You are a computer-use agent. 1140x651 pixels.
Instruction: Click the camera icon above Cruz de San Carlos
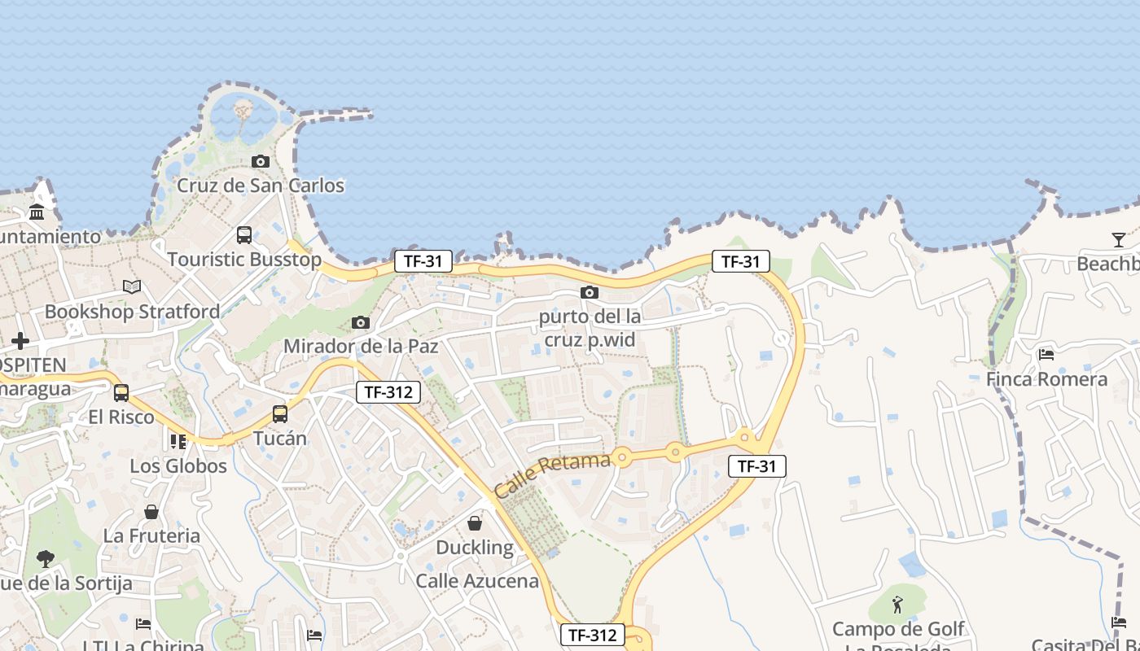click(261, 161)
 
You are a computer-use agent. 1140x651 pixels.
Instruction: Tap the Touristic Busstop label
click(244, 260)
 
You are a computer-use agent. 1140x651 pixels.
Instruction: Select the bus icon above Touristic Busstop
click(243, 235)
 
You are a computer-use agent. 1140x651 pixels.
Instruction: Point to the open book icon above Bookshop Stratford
click(132, 286)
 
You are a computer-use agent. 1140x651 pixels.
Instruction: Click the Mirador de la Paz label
click(361, 347)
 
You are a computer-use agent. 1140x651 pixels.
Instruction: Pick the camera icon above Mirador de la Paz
click(361, 323)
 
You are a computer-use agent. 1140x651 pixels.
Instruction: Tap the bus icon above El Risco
click(121, 393)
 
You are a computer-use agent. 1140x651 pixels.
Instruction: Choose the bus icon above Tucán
click(280, 414)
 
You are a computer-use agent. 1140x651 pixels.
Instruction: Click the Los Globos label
click(178, 466)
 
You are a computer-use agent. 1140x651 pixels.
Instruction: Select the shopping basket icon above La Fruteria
click(151, 512)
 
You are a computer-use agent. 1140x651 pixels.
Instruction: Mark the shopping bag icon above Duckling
click(475, 523)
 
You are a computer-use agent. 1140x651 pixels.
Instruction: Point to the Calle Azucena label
click(477, 581)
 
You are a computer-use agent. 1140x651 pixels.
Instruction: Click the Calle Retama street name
click(552, 475)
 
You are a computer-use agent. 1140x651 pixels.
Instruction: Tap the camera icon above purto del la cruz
click(590, 292)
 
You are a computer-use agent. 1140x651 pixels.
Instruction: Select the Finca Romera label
click(1046, 379)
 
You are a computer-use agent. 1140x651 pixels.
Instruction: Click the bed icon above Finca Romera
click(1046, 355)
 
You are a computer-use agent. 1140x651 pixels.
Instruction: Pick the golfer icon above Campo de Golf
click(897, 605)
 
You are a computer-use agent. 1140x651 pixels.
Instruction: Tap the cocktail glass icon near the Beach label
click(1119, 239)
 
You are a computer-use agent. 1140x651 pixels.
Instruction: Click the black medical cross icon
click(20, 341)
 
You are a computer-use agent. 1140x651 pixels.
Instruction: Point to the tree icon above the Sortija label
click(46, 558)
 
